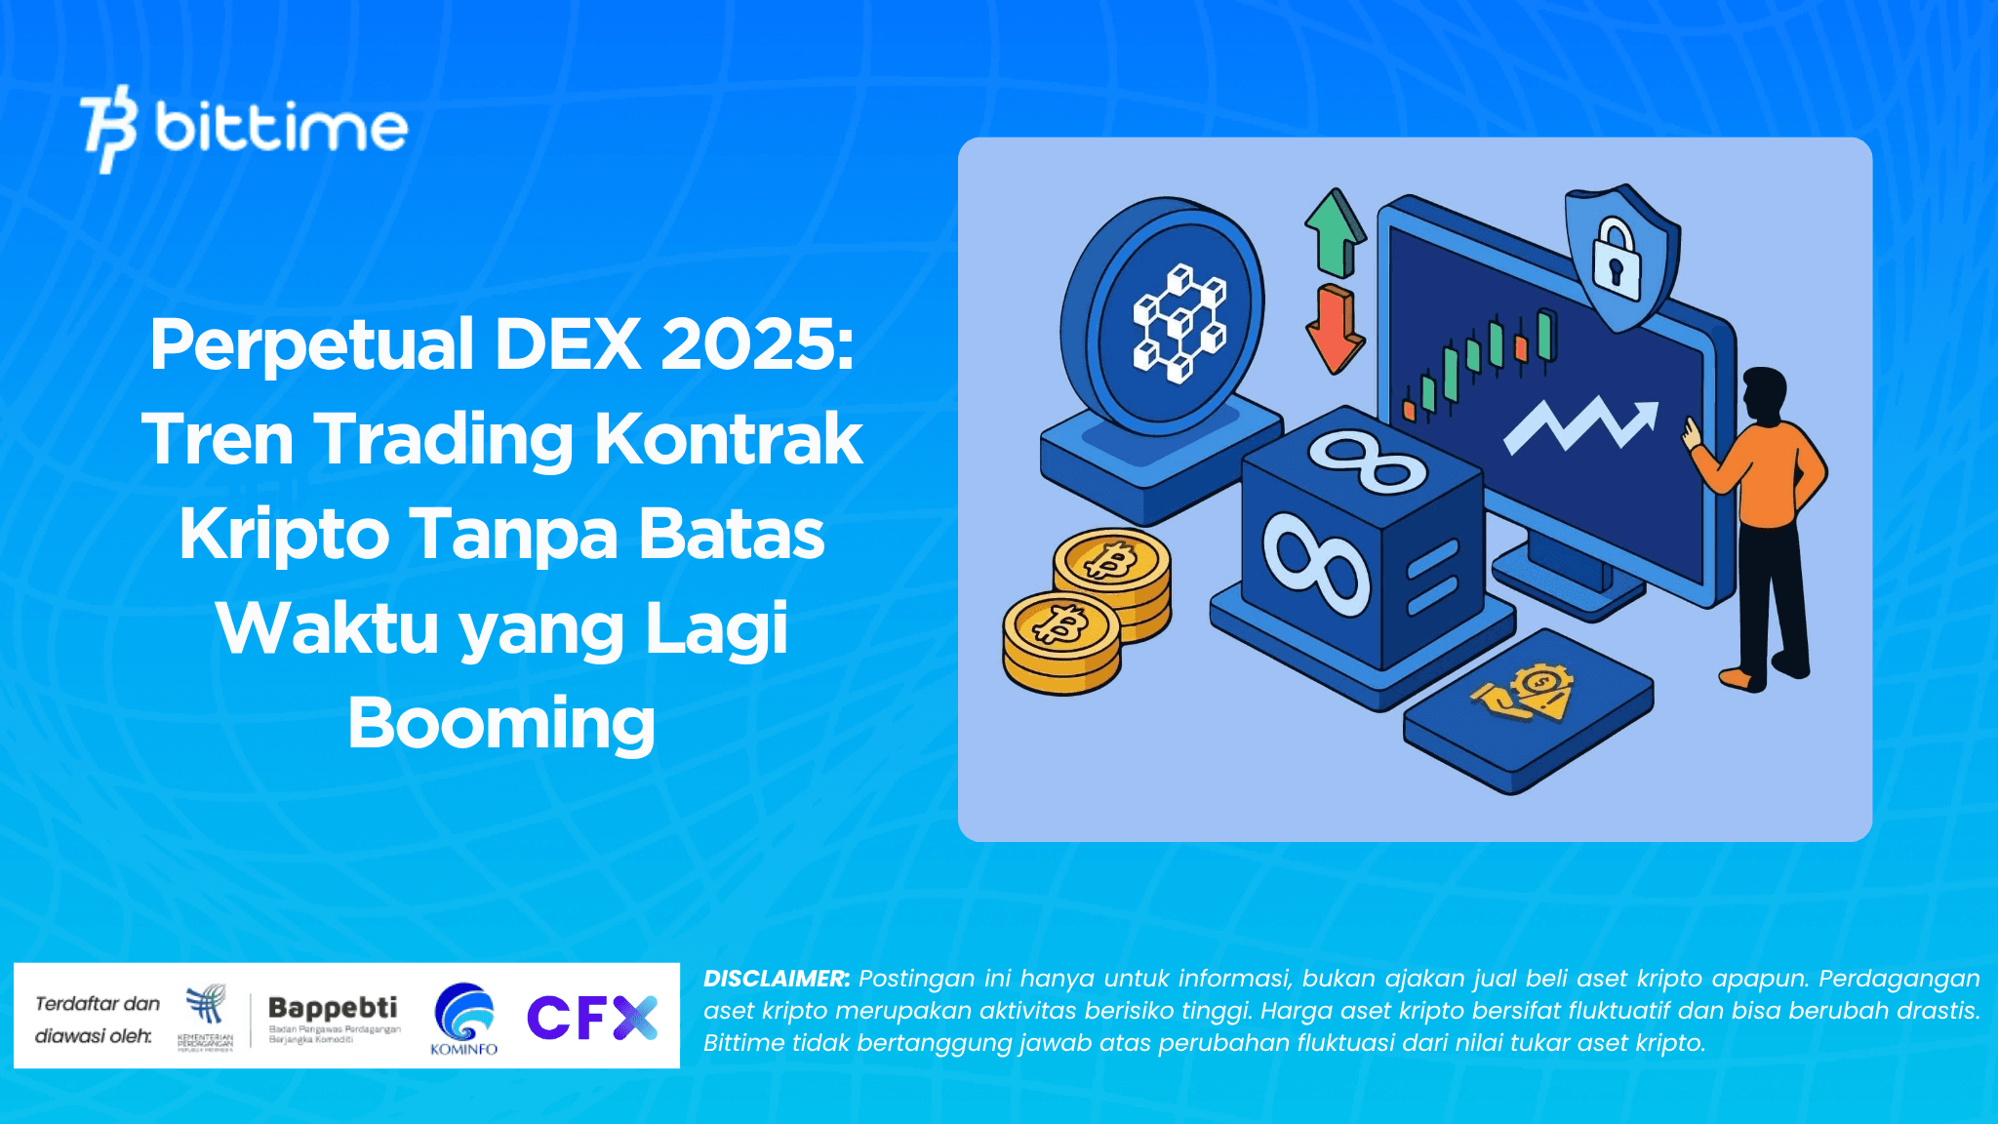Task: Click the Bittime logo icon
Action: click(x=107, y=129)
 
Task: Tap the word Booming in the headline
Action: click(x=501, y=723)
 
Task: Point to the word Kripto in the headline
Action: click(x=284, y=534)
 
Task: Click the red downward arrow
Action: click(x=1334, y=328)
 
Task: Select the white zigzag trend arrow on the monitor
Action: click(x=1580, y=423)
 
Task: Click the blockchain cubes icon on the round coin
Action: click(x=1179, y=321)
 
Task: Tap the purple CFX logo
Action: click(x=592, y=1018)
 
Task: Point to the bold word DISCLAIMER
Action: click(x=777, y=979)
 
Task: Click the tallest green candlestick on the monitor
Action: click(x=1544, y=335)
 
